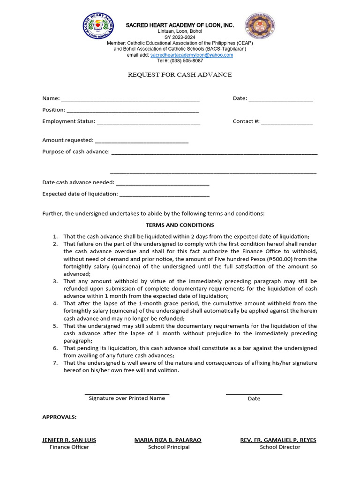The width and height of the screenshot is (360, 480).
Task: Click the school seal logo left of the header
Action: coord(98,26)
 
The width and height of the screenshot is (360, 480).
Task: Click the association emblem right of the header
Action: coord(261,26)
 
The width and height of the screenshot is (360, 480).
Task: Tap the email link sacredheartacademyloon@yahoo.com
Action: coord(191,55)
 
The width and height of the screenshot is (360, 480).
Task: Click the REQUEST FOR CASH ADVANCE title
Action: coord(180,75)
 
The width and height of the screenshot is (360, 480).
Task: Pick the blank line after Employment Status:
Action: coord(148,122)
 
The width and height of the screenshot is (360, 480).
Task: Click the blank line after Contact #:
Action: coord(287,122)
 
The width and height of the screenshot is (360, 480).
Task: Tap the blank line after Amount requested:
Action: coord(142,141)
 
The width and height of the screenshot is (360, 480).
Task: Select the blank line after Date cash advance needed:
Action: coord(162,183)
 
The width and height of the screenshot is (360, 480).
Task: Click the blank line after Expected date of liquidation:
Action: coord(165,195)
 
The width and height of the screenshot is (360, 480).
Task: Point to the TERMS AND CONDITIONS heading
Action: coord(180,225)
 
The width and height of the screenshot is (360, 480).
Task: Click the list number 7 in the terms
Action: coord(55,363)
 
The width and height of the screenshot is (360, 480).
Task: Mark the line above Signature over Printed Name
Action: coord(127,394)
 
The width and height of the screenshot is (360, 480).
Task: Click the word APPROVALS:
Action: coord(60,417)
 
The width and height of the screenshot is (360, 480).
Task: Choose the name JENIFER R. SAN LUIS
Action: coord(69,440)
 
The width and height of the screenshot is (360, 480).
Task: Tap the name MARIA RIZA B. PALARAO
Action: coord(168,440)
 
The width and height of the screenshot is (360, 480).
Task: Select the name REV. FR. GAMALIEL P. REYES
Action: coord(278,440)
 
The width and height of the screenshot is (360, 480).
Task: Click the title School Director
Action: coord(280,447)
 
